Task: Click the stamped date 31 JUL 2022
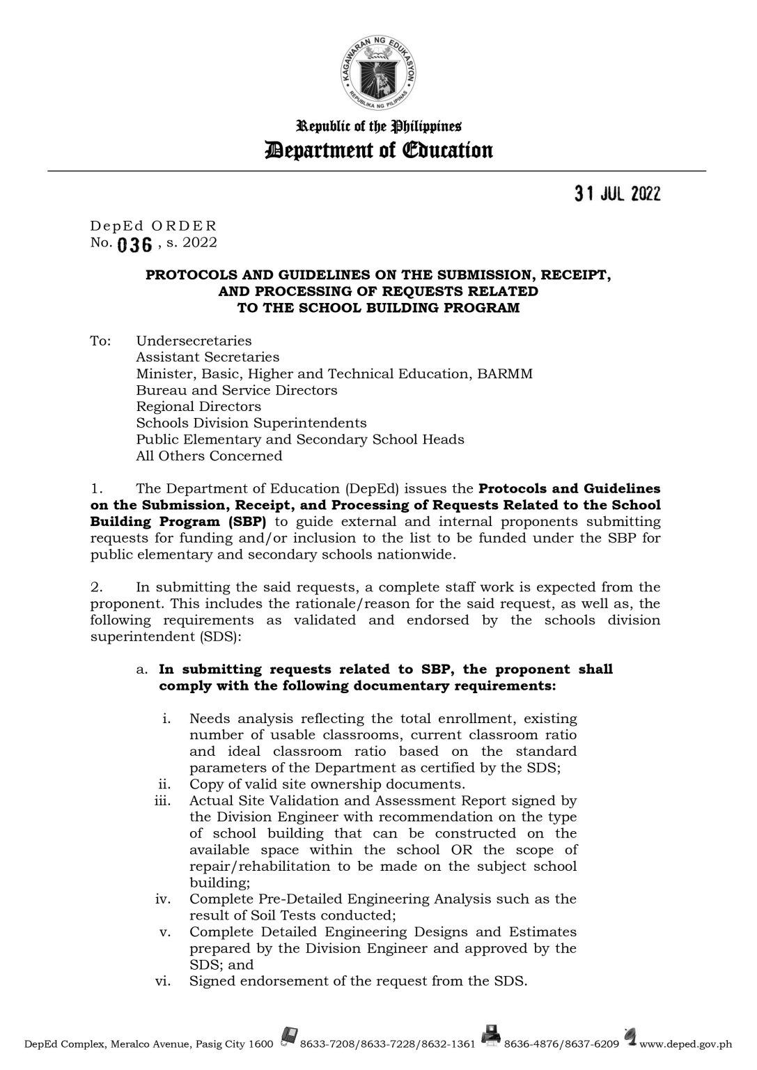[617, 194]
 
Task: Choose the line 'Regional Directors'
[198, 406]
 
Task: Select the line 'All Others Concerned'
[209, 456]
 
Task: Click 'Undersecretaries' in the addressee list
[194, 341]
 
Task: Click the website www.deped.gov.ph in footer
[685, 1045]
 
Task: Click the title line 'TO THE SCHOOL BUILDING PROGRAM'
[379, 308]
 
